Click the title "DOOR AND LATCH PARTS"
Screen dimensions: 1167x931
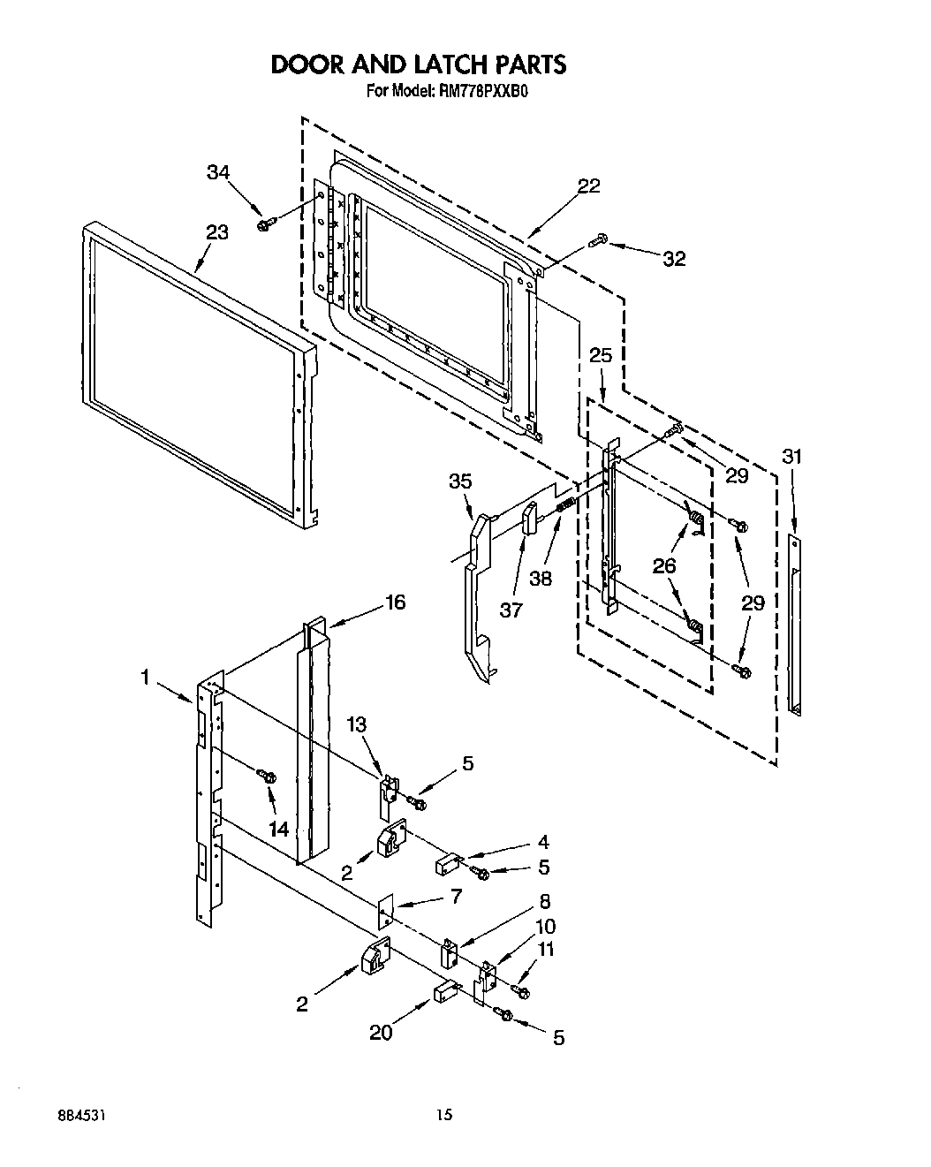[x=417, y=64]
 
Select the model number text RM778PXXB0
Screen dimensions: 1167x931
[x=479, y=90]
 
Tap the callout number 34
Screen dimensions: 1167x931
[x=219, y=173]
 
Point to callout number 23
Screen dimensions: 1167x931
[x=216, y=232]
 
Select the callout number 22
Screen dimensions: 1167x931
[x=588, y=186]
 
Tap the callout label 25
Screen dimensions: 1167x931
[x=601, y=355]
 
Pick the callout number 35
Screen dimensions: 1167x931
[x=460, y=481]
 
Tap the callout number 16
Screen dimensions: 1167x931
[x=395, y=602]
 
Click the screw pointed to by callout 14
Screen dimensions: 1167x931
[x=266, y=777]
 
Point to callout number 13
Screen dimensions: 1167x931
[x=356, y=724]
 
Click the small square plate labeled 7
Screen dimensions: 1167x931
[x=385, y=913]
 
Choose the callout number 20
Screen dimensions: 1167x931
[x=382, y=1032]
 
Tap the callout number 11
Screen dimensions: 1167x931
[x=548, y=950]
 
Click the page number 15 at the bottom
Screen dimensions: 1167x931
[x=445, y=1115]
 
